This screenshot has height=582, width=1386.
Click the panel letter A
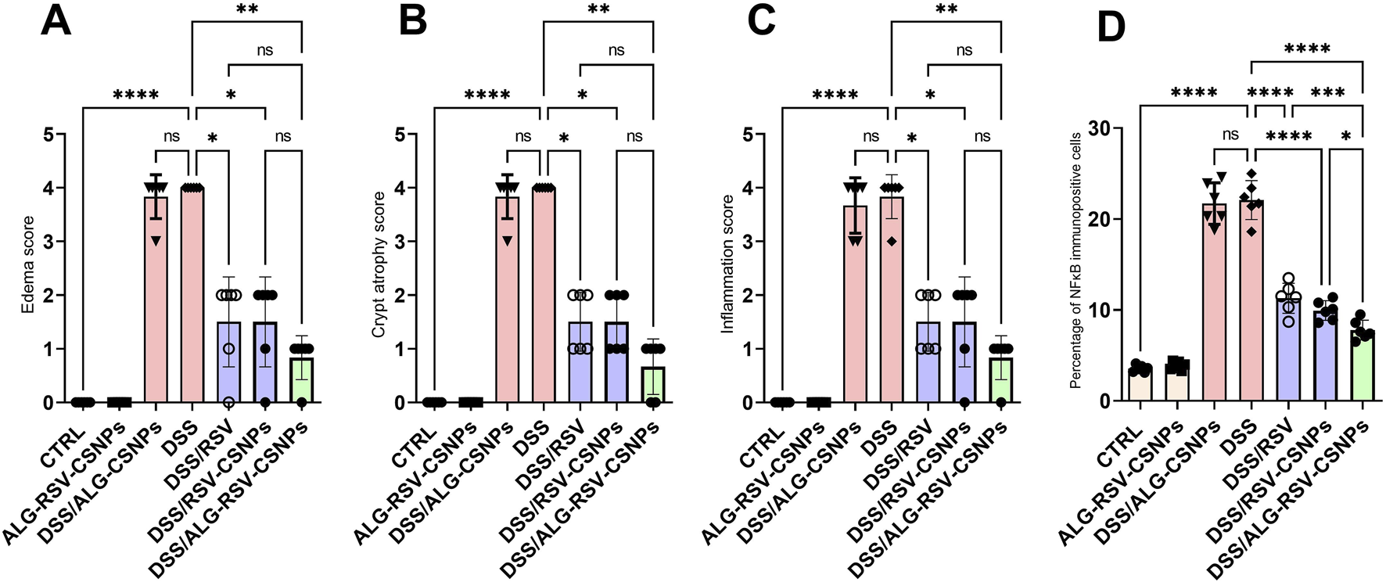[56, 21]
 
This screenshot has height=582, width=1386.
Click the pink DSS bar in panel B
[544, 297]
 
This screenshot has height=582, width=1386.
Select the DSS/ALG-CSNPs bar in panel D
[1215, 305]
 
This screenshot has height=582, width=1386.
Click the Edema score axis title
[28, 264]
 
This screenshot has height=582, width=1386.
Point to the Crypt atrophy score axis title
[379, 264]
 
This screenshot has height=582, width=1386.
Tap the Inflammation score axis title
[727, 264]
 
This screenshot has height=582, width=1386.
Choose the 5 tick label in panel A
[48, 135]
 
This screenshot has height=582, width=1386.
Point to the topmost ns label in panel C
[964, 50]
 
